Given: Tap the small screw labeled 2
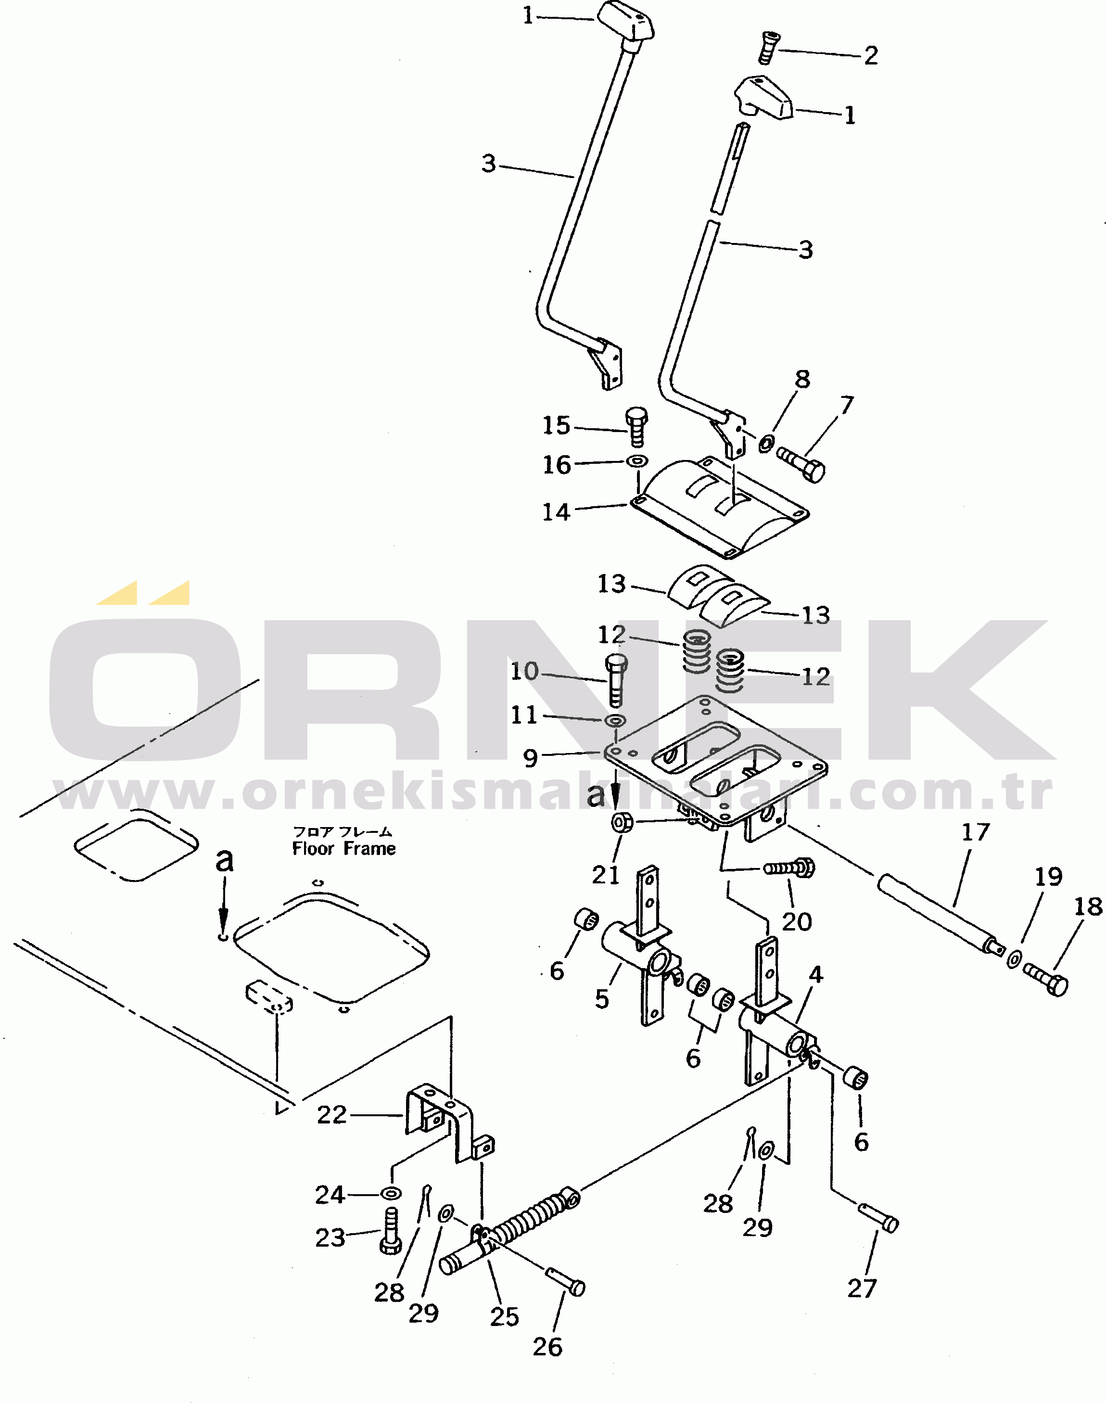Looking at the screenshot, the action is tap(767, 47).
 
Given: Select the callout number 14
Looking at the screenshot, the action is tap(556, 512).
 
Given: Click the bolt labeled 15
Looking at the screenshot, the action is tap(636, 426).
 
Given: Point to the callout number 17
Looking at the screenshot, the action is tap(975, 832).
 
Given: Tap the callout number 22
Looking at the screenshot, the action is tap(331, 1114).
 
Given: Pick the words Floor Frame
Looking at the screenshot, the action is tap(344, 849).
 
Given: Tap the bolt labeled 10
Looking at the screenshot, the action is tap(616, 680).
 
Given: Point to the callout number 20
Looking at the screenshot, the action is tap(797, 921).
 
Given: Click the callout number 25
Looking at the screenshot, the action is tap(505, 1317).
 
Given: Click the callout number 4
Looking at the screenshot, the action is tap(816, 974).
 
